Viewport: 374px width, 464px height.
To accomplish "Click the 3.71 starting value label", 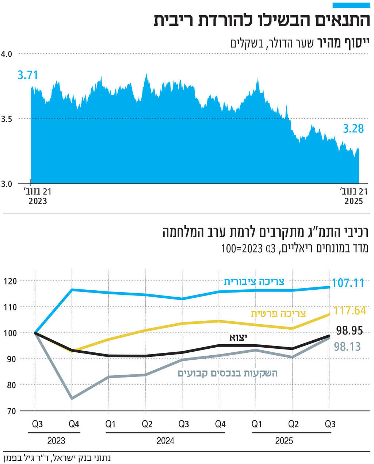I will point(28,76).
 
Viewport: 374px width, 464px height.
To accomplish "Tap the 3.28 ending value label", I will point(353,128).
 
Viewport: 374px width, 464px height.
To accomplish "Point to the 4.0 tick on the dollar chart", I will point(7,54).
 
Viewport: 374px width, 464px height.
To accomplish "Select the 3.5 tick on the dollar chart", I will point(7,119).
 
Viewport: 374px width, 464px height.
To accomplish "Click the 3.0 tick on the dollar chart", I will point(7,184).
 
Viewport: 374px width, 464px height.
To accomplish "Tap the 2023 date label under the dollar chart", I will point(38,201).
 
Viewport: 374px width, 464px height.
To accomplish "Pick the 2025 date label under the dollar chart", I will point(354,201).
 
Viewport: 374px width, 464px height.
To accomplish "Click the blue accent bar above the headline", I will point(351,5).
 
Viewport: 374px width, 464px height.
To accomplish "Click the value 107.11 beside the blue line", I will point(348,283).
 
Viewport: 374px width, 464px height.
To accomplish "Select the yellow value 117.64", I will point(350,310).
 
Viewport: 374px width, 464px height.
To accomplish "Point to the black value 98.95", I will point(349,330).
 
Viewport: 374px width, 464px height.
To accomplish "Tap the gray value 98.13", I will point(347,346).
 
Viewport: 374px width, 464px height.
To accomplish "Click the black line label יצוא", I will point(238,337).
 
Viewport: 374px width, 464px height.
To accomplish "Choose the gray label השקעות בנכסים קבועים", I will point(228,373).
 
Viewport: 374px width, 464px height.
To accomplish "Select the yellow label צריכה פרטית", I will point(278,314).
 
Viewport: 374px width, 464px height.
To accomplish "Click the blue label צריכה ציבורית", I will point(254,282).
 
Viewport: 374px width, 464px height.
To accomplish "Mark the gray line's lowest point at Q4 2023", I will point(72,398).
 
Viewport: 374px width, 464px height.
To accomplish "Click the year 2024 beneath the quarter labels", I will point(165,441).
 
